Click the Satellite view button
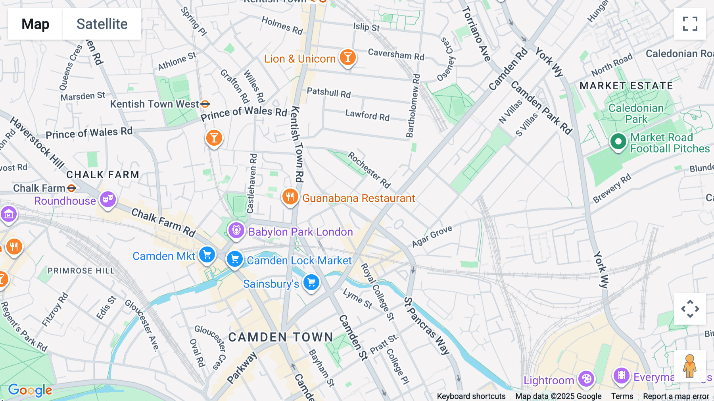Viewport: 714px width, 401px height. coord(102,24)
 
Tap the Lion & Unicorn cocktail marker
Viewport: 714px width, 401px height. coord(347,58)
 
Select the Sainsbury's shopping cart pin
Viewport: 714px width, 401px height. coord(311,283)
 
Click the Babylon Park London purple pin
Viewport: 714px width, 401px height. coord(236,230)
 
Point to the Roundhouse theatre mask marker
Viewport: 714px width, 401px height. coord(107,199)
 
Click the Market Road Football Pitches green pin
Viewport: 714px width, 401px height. coord(618,141)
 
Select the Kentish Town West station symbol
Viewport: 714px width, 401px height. coord(205,104)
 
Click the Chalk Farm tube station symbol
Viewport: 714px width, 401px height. coord(71,188)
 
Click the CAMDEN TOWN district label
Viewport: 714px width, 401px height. coord(280,337)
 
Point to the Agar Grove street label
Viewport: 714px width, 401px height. coord(432,236)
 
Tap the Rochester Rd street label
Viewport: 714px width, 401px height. coord(369,170)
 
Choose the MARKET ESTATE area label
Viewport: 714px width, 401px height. coord(626,86)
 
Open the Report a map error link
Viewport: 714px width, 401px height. coord(676,396)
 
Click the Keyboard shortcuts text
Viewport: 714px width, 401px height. coord(471,396)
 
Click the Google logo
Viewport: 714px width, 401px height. coord(30,390)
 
